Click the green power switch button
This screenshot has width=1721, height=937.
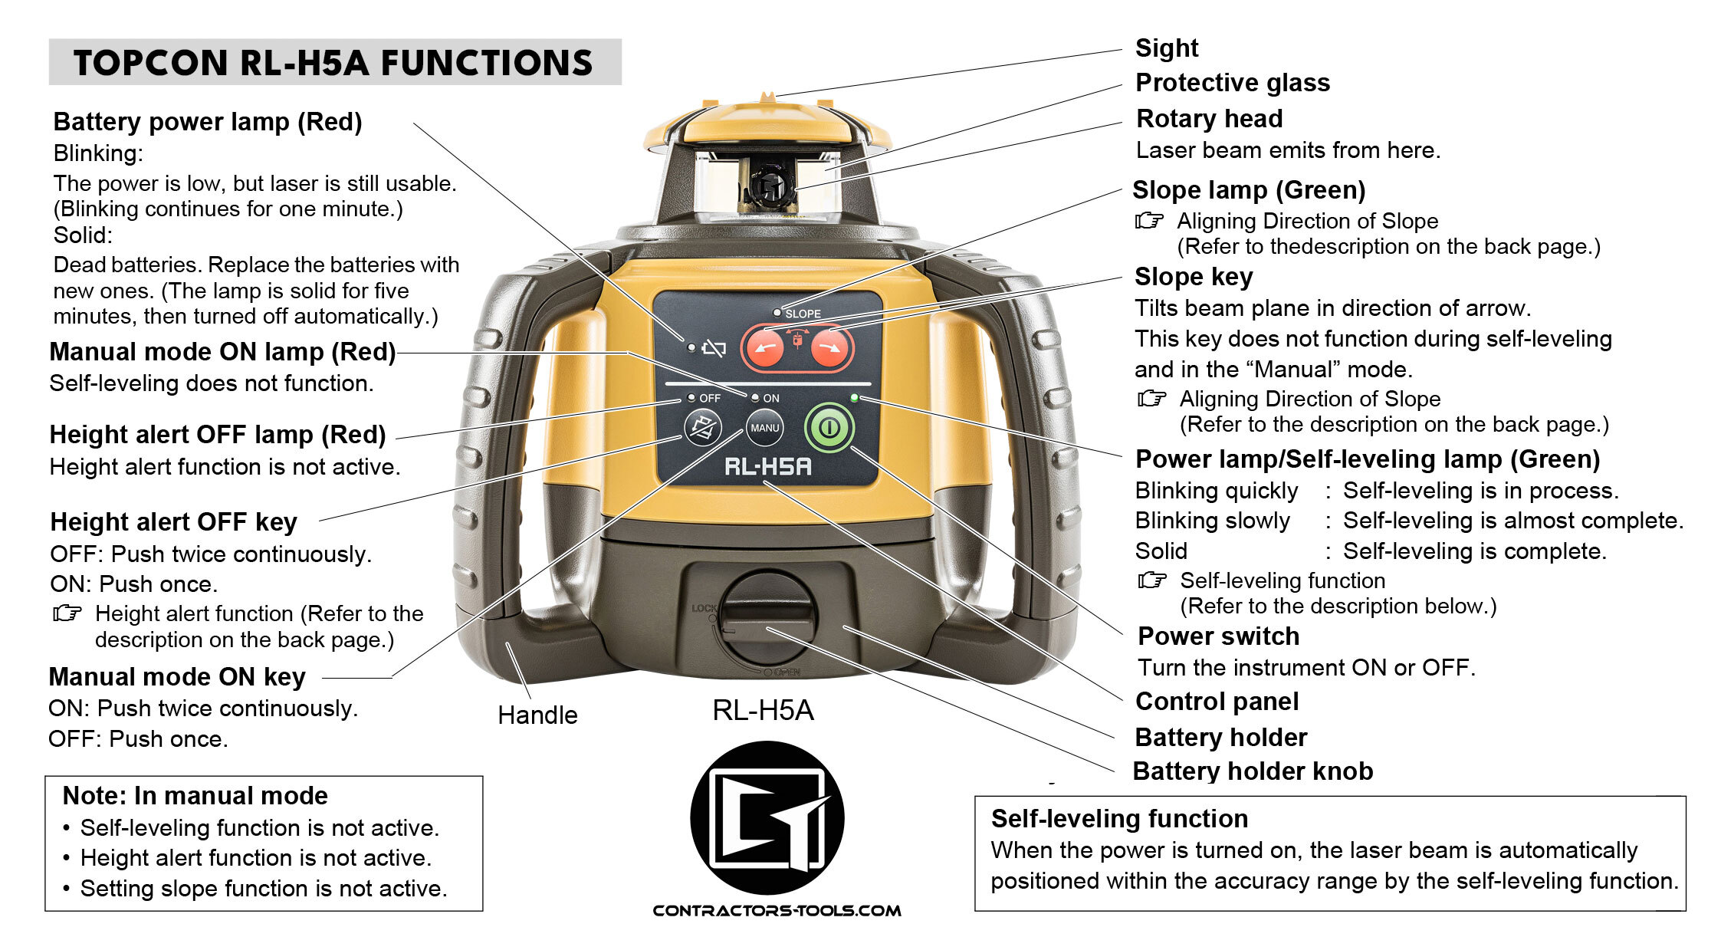pos(829,427)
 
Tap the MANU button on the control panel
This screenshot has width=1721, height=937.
pos(764,428)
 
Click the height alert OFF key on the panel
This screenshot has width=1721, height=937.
pos(702,428)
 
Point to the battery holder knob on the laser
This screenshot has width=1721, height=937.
pos(767,618)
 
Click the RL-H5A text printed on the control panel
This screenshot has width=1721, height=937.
pos(767,465)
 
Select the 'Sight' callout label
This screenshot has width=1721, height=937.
pos(1166,48)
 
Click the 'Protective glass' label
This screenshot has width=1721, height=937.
pos(1232,83)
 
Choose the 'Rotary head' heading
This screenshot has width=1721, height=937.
pos(1209,119)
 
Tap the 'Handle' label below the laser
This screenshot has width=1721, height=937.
pos(537,715)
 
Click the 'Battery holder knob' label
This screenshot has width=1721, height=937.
pos(1253,771)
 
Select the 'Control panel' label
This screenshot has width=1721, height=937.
pos(1217,702)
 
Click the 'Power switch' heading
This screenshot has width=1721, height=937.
pos(1218,636)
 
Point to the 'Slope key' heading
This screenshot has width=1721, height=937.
pos(1194,277)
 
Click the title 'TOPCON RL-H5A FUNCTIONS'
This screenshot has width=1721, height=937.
pos(333,63)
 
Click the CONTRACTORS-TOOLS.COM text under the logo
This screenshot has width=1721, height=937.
pos(777,911)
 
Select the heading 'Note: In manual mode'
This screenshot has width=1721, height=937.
pos(195,796)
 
